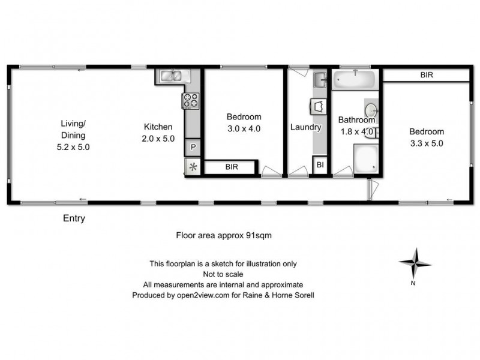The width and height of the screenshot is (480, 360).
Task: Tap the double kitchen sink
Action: pos(173,76)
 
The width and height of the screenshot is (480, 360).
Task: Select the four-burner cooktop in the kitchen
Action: pos(191,100)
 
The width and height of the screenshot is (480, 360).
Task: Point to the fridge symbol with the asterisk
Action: pos(193,167)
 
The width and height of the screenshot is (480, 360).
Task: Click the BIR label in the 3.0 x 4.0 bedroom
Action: pos(232,167)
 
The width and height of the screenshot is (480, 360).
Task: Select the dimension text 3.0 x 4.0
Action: pos(244,128)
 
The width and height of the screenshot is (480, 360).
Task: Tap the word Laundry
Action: pos(306,127)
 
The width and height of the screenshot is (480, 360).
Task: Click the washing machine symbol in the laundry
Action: pos(318,106)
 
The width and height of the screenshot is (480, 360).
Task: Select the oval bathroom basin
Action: pos(371,111)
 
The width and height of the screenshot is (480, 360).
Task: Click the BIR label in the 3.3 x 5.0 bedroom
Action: pos(427,75)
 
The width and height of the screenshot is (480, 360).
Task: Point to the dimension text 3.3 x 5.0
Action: pos(427,143)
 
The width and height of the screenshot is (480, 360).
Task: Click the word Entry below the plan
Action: pos(74,218)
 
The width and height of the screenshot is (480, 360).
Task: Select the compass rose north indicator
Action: pos(415,263)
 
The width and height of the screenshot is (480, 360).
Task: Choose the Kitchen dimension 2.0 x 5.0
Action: pos(158,138)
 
